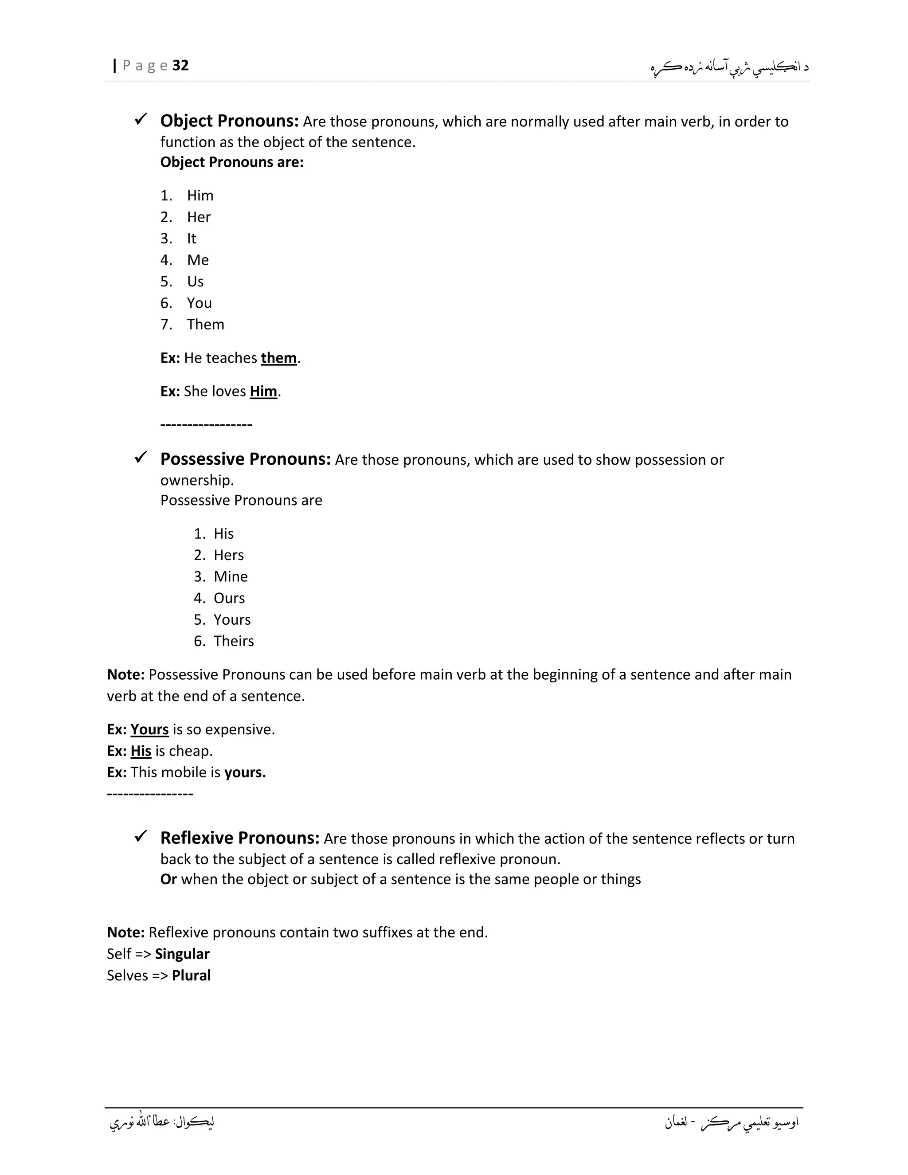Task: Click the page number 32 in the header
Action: (181, 66)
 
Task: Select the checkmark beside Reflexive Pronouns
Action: (141, 836)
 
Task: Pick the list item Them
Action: (205, 325)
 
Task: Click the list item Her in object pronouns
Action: (199, 217)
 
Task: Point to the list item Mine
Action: (231, 577)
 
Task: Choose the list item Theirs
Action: (234, 641)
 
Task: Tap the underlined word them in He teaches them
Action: (278, 358)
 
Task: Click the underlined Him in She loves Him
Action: (263, 392)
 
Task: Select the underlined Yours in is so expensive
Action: (149, 729)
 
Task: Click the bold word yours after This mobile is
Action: (245, 772)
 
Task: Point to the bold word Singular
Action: (182, 954)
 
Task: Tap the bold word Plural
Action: (191, 975)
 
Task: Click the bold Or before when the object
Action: (168, 879)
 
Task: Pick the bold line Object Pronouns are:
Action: (232, 162)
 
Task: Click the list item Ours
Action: (229, 598)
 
